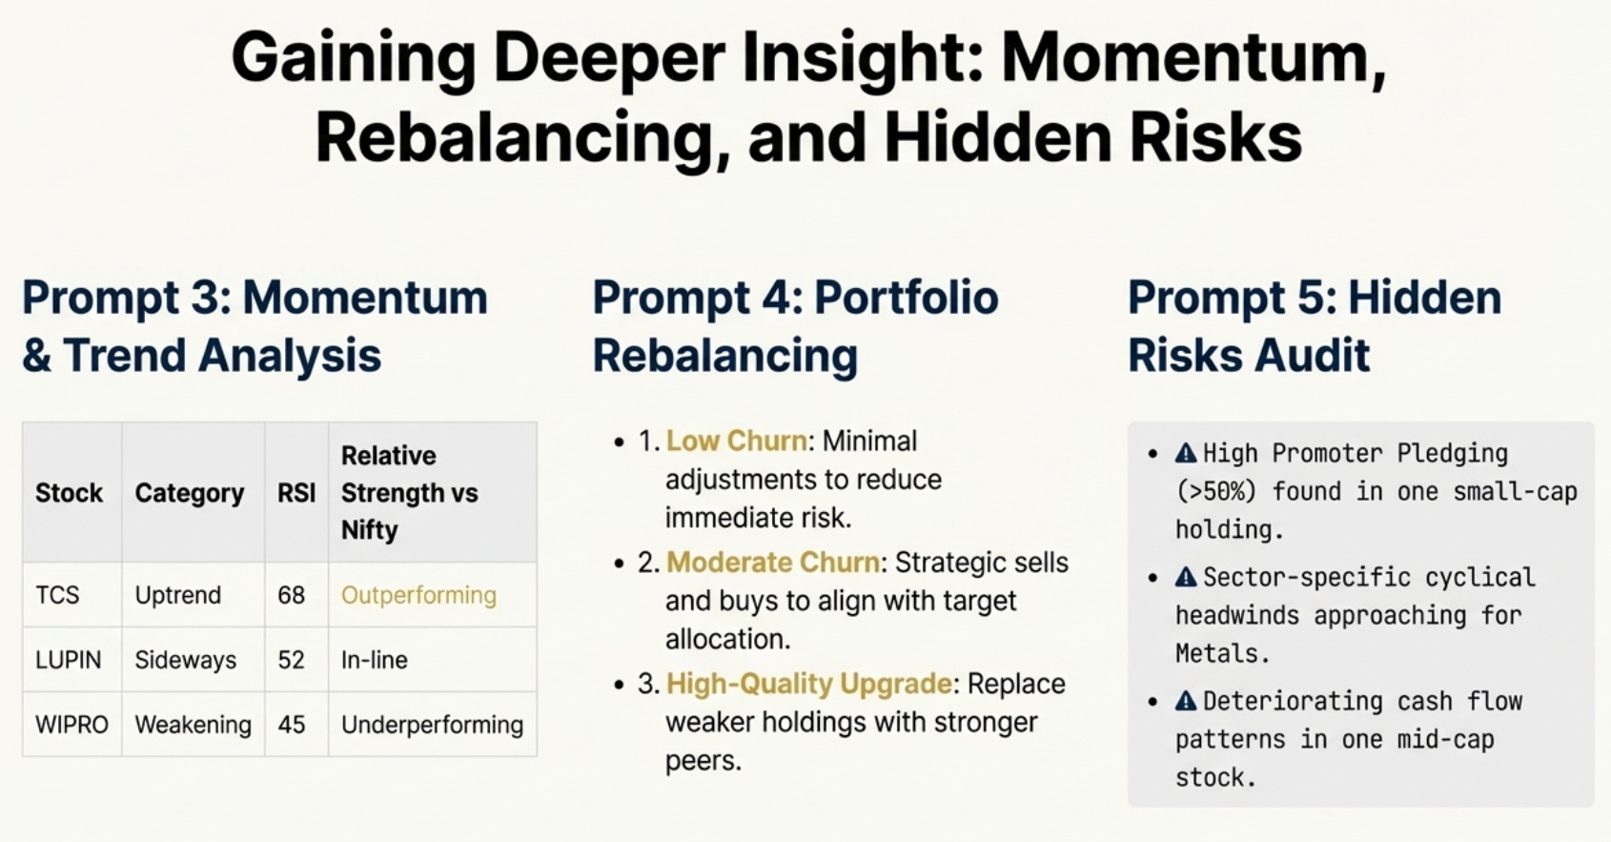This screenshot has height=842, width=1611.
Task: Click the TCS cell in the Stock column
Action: (x=57, y=595)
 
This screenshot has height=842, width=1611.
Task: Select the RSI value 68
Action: (x=291, y=595)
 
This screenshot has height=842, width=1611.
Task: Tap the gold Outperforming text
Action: (x=418, y=595)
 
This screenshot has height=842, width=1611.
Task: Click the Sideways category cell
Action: (x=185, y=660)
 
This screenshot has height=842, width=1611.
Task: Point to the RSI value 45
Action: (x=291, y=725)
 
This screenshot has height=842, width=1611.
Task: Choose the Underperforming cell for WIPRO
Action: (x=432, y=725)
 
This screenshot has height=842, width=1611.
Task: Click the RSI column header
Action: (x=296, y=493)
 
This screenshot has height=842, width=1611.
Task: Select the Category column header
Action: (x=189, y=493)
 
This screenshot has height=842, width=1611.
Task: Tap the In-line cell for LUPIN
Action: (x=374, y=660)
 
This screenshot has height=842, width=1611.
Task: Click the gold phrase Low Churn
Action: (x=736, y=441)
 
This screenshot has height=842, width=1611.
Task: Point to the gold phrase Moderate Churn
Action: (x=772, y=563)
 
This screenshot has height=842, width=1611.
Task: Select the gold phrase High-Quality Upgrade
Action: (x=808, y=684)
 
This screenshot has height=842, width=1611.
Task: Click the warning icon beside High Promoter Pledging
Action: (x=1186, y=453)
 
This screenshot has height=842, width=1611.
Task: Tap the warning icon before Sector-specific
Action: (x=1186, y=577)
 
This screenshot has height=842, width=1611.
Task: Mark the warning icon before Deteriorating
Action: (x=1186, y=701)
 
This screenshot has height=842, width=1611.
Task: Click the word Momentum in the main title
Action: (x=1193, y=57)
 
